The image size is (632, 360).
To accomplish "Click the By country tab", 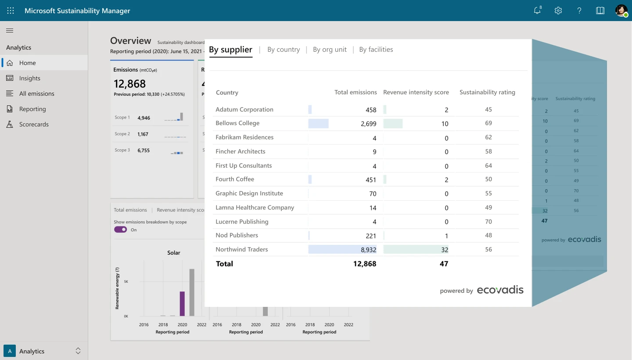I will tap(284, 50).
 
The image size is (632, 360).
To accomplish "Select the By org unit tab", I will tap(330, 50).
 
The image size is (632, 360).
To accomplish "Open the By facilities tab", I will tap(376, 50).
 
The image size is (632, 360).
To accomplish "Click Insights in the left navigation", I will tap(30, 78).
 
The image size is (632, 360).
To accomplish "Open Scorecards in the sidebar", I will tap(34, 124).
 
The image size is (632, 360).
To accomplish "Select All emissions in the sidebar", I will tap(37, 94).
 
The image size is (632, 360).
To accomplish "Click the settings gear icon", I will tap(558, 11).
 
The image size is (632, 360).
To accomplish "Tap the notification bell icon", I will tap(537, 11).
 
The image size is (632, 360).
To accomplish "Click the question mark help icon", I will tap(579, 11).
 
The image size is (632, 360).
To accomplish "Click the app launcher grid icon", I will tap(11, 11).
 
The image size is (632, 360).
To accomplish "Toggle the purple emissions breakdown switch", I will tap(120, 230).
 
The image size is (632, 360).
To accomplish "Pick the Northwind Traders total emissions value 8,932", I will tap(366, 250).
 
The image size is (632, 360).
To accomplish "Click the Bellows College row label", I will tap(237, 123).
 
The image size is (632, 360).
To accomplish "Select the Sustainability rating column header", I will tap(487, 92).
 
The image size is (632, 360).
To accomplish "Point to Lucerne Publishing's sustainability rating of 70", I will tap(488, 221).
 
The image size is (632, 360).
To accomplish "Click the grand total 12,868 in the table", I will tap(364, 264).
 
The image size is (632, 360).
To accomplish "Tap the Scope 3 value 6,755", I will tap(144, 151).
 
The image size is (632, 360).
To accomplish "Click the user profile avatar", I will tap(621, 11).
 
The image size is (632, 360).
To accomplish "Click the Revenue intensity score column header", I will tap(416, 92).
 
